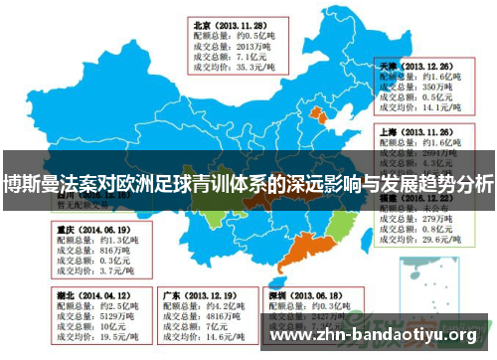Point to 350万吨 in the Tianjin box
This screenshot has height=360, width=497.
pyautogui.click(x=436, y=87)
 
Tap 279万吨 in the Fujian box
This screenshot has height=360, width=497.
pyautogui.click(x=436, y=219)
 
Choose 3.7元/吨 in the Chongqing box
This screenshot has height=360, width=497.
pyautogui.click(x=103, y=273)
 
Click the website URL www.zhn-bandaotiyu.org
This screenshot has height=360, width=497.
pyautogui.click(x=374, y=334)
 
